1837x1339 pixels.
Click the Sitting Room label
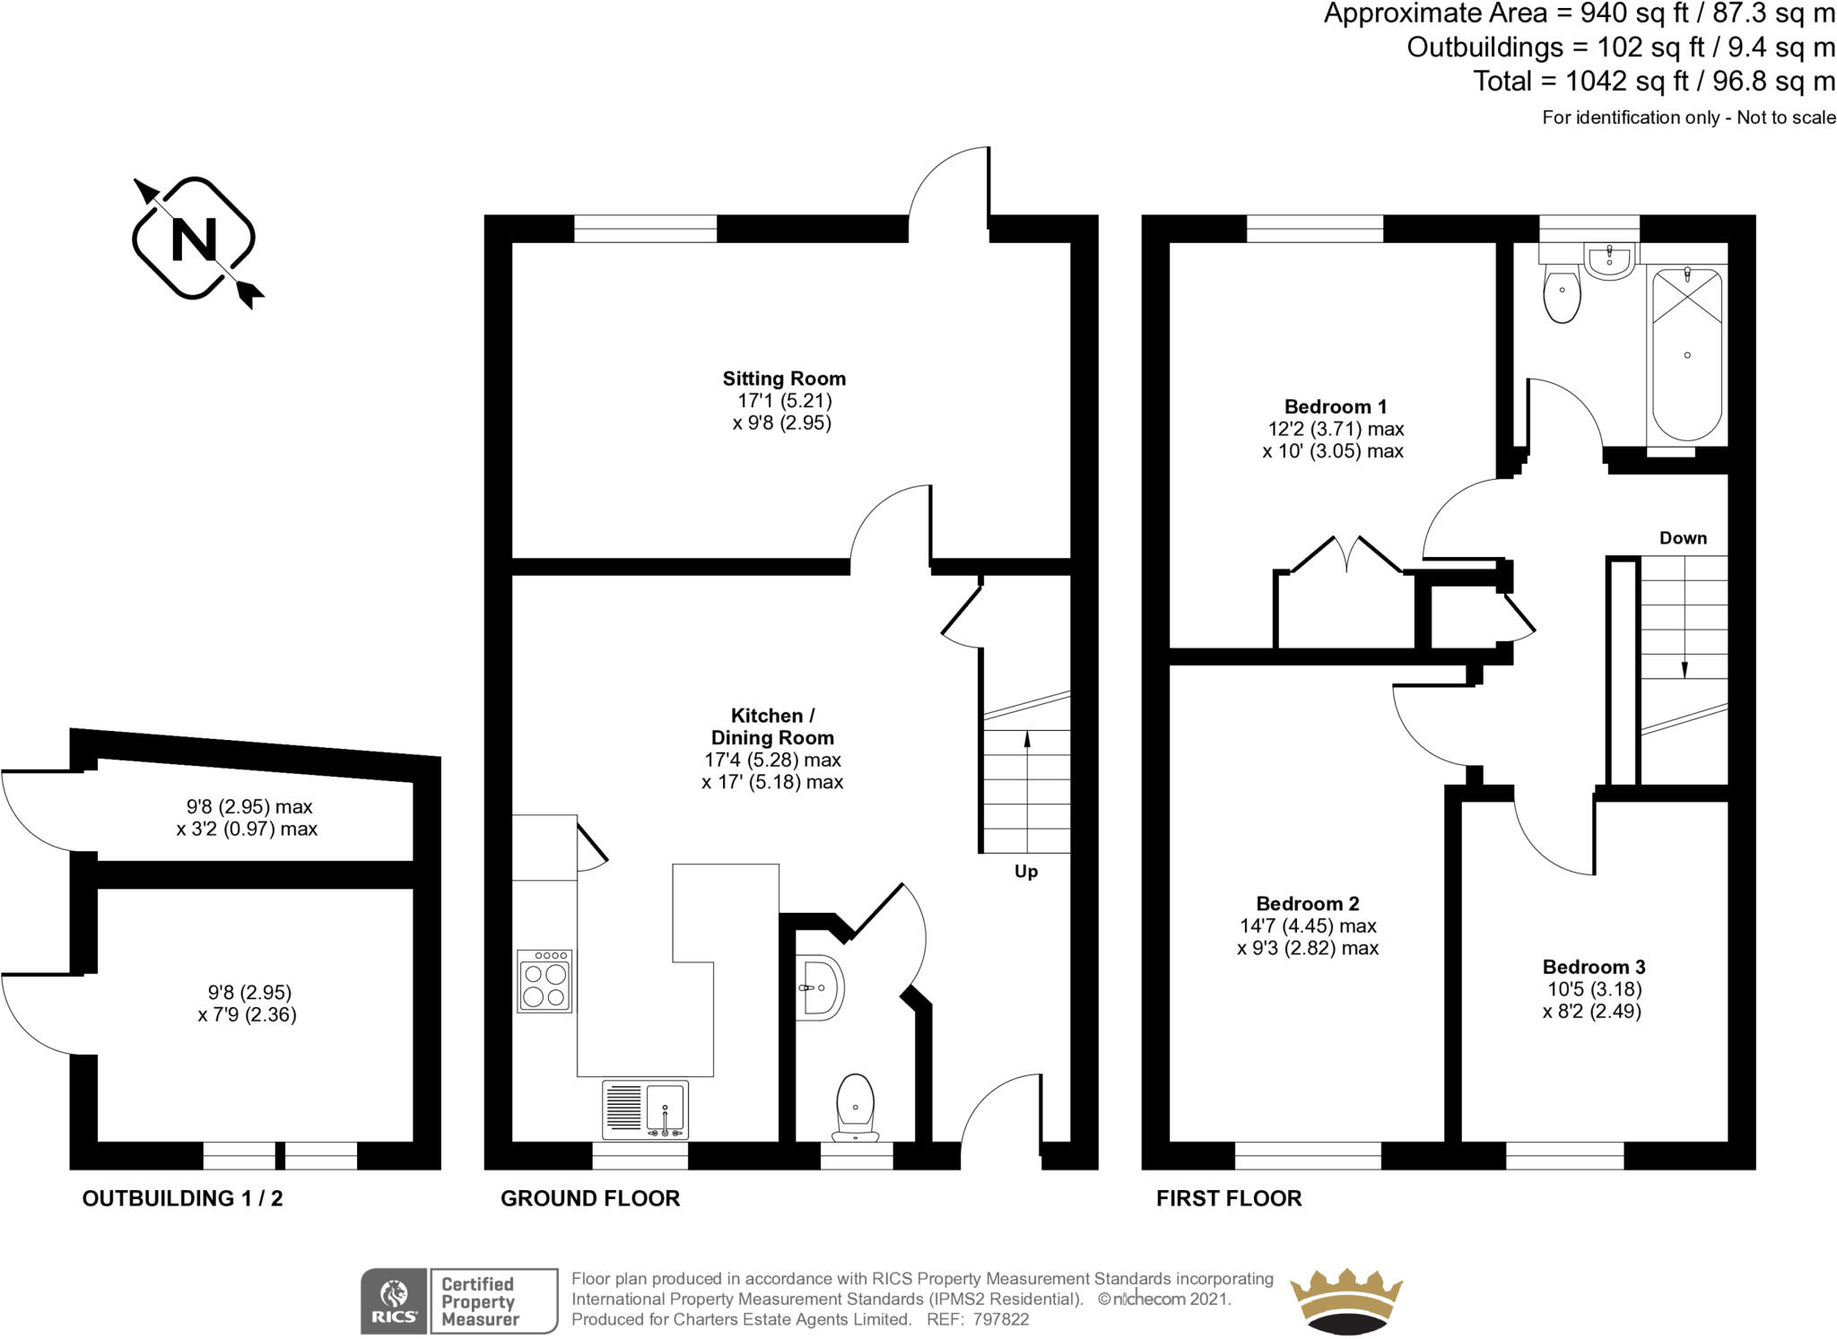point(784,378)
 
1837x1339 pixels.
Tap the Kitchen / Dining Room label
point(772,726)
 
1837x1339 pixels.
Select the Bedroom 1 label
point(1336,406)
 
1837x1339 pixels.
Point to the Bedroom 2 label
point(1308,903)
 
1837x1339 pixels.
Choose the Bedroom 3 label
point(1594,967)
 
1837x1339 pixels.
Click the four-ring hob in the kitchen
point(544,981)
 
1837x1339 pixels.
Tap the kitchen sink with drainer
point(646,1109)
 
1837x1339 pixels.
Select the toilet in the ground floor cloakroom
point(855,1109)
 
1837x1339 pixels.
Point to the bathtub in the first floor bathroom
point(1686,358)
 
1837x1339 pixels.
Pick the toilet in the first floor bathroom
point(1562,291)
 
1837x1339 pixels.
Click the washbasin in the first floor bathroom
point(1609,261)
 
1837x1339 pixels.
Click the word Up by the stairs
point(1026,872)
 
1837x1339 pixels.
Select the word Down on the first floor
point(1683,538)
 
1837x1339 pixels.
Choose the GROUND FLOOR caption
point(590,1198)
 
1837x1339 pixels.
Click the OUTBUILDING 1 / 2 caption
point(182,1198)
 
